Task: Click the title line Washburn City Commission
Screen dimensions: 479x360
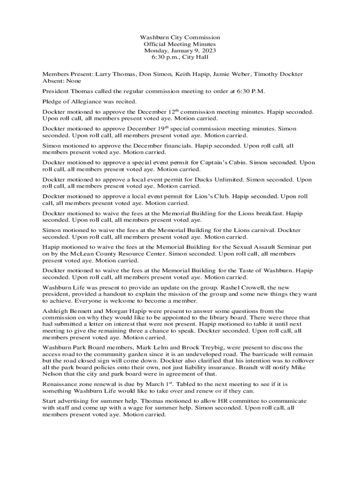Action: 180,37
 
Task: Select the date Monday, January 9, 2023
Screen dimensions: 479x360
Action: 180,51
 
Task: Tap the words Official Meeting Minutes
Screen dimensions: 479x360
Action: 180,44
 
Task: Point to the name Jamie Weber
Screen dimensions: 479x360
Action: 246,74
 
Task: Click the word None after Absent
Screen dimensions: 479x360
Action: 72,80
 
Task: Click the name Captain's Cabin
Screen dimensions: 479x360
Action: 221,163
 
